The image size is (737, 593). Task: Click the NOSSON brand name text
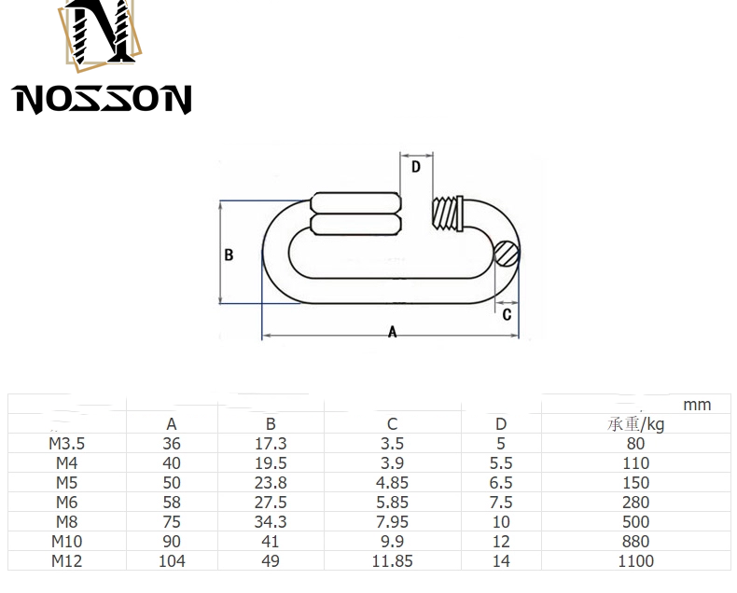pyautogui.click(x=103, y=97)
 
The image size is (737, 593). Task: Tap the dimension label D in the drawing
pyautogui.click(x=416, y=167)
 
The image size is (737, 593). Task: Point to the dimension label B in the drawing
pyautogui.click(x=229, y=255)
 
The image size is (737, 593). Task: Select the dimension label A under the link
pyautogui.click(x=392, y=333)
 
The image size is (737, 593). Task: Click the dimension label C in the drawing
pyautogui.click(x=507, y=314)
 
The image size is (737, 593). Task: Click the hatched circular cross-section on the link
pyautogui.click(x=506, y=252)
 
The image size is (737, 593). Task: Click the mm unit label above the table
pyautogui.click(x=696, y=405)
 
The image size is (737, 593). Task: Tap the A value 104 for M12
pyautogui.click(x=172, y=561)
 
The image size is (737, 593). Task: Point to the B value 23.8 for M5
pyautogui.click(x=271, y=483)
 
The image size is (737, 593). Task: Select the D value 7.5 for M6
pyautogui.click(x=501, y=503)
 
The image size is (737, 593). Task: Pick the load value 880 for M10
pyautogui.click(x=635, y=542)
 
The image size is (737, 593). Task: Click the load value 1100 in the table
pyautogui.click(x=635, y=561)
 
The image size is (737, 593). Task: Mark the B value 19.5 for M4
pyautogui.click(x=271, y=463)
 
